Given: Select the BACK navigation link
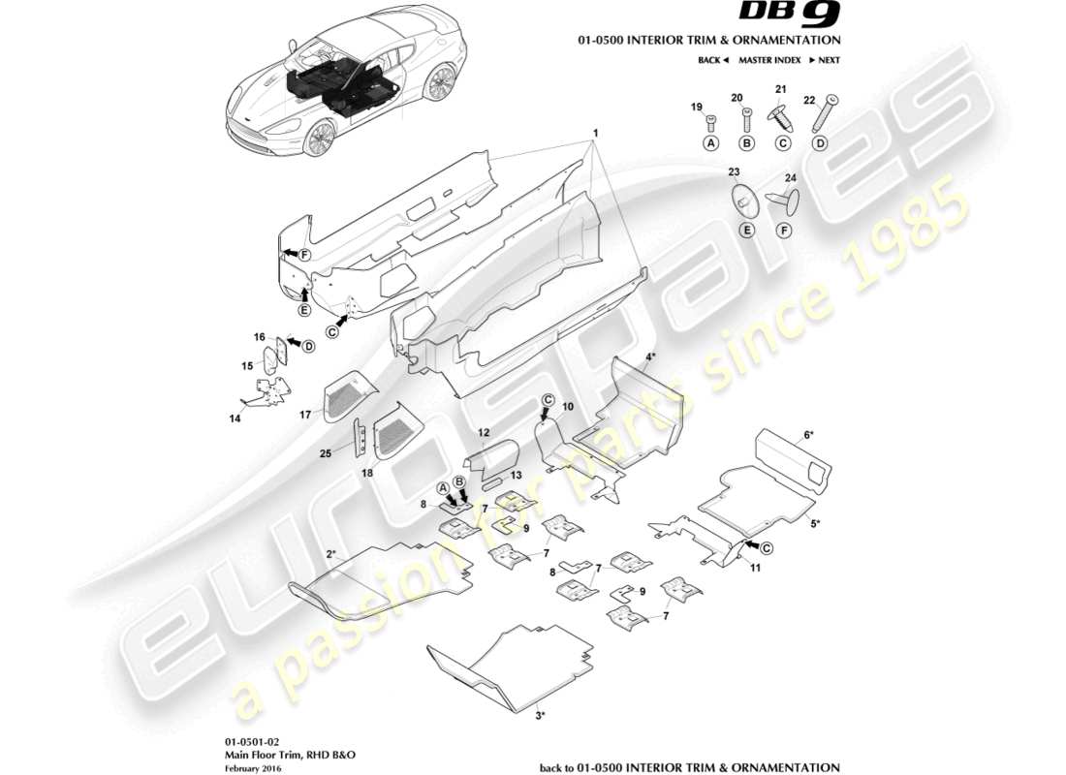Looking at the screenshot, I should click(x=712, y=60).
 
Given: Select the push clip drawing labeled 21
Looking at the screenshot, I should click(x=781, y=116).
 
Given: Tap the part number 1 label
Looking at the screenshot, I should click(x=596, y=132).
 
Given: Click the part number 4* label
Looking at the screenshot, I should click(x=651, y=356).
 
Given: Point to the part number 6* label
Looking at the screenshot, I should click(x=809, y=436).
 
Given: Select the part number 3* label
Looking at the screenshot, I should click(x=541, y=716).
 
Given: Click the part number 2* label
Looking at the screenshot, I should click(x=330, y=554).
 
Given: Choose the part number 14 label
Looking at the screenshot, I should click(x=234, y=418).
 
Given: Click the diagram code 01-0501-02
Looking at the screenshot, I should click(x=240, y=740).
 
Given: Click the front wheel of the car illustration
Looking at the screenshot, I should click(x=319, y=139).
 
